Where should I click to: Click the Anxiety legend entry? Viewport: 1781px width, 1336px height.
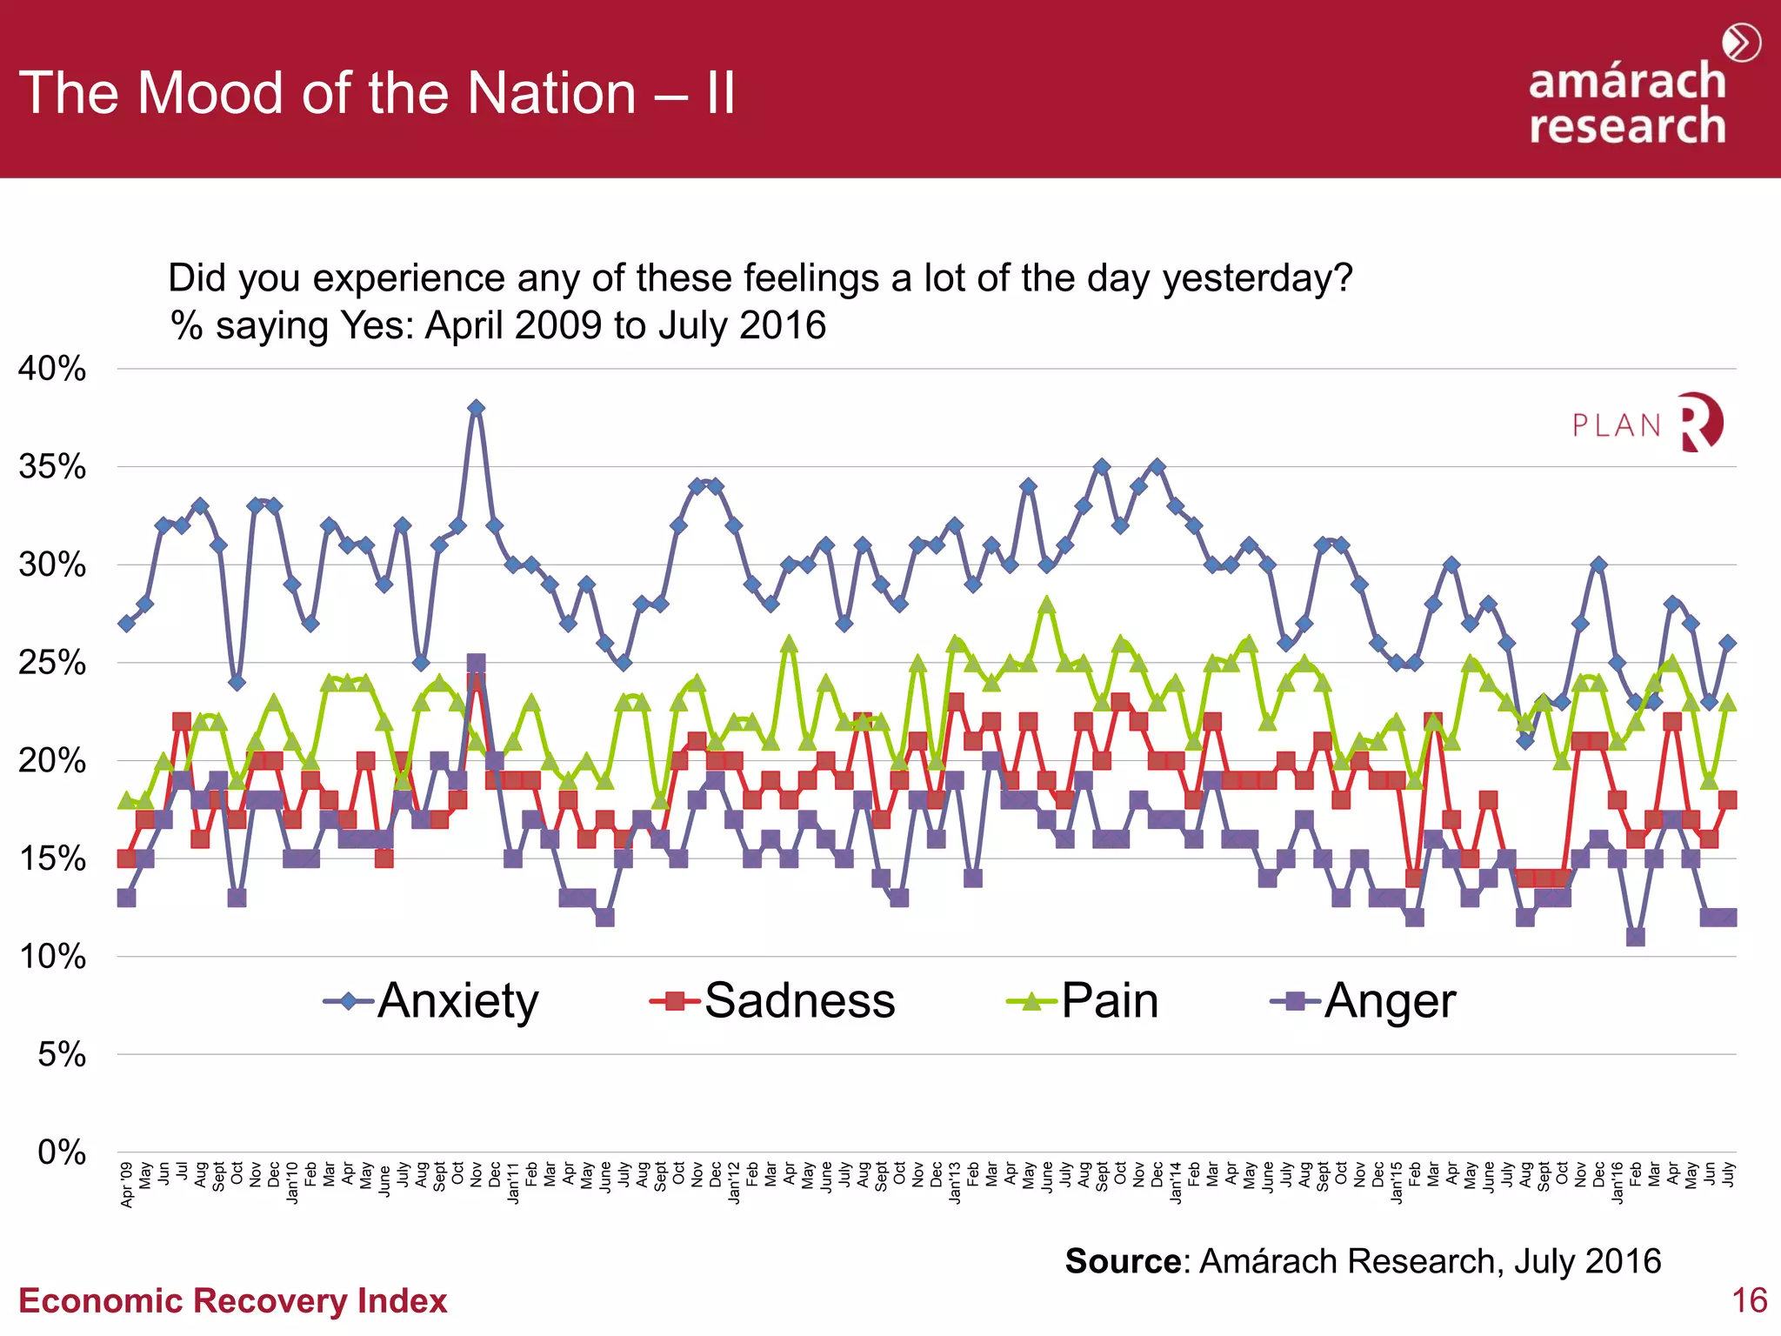432,1001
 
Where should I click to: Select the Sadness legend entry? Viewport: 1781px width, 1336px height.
773,1001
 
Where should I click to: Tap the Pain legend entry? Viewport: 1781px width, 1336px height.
1084,1001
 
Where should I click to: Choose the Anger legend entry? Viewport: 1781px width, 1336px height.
1364,1001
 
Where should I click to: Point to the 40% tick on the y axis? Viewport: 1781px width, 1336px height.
52,369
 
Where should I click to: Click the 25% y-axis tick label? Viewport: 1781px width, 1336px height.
52,663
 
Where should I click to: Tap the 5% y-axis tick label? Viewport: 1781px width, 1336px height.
61,1055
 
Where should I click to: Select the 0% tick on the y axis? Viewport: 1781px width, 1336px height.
61,1152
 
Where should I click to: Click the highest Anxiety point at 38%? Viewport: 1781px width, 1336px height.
476,408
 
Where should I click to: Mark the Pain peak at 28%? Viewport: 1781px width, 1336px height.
1047,605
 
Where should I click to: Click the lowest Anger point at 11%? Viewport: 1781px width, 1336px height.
1636,937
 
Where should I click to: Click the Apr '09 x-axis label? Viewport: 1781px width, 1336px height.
127,1185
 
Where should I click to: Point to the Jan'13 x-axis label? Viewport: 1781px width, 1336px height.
955,1183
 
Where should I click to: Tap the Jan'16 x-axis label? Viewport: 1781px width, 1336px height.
1618,1183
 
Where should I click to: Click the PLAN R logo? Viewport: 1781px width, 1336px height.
1647,424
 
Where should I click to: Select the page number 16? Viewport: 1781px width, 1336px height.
1749,1300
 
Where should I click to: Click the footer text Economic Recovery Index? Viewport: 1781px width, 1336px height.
232,1300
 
